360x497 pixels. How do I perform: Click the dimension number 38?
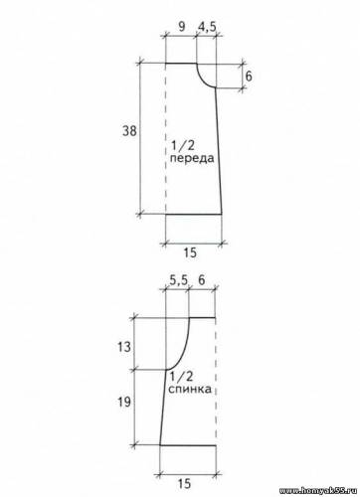pos(129,131)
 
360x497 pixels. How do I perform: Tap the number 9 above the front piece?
pos(182,27)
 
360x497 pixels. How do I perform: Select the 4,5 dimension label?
pos(207,27)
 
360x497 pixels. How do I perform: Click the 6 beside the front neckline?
pos(249,77)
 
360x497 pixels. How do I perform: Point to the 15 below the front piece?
pos(190,253)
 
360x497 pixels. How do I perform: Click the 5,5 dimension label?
pos(179,280)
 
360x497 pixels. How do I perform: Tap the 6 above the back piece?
pos(202,280)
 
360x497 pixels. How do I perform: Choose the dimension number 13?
pos(124,347)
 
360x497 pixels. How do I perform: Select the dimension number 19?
pos(124,403)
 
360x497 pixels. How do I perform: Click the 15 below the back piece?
pos(184,484)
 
